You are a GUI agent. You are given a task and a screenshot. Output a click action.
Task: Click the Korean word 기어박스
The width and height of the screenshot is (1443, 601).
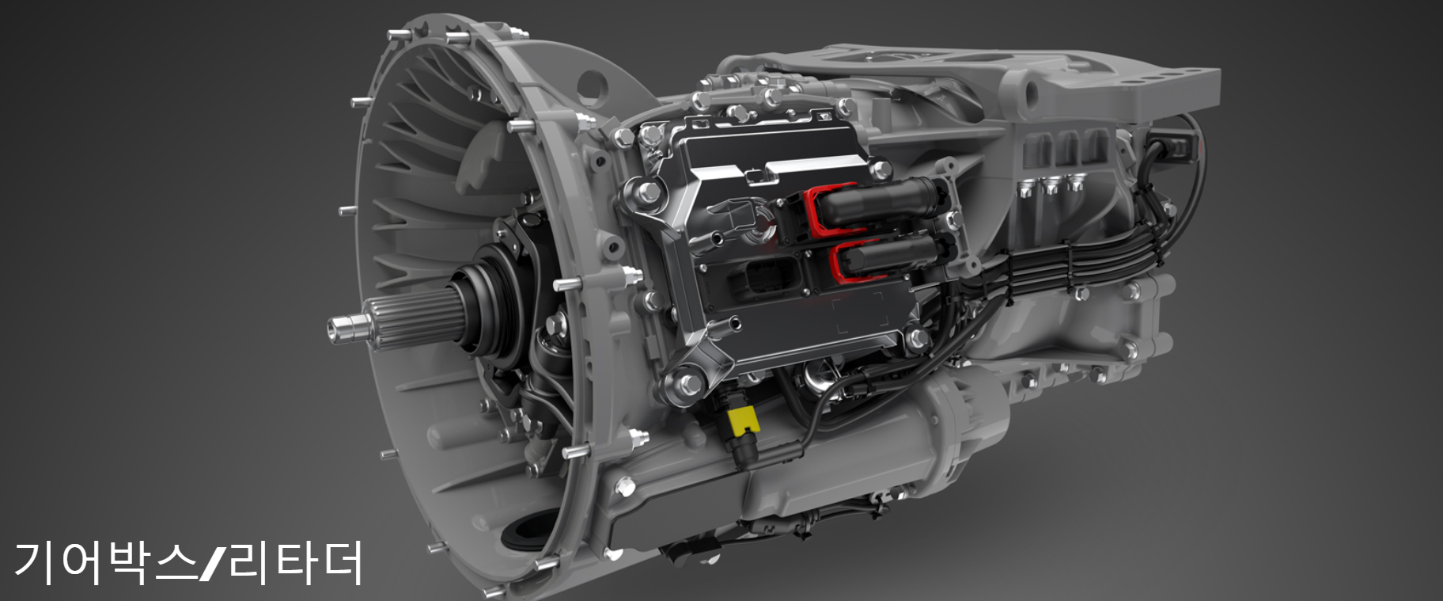(105, 563)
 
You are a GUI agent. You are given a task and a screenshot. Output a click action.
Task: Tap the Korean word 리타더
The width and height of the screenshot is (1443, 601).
(295, 563)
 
